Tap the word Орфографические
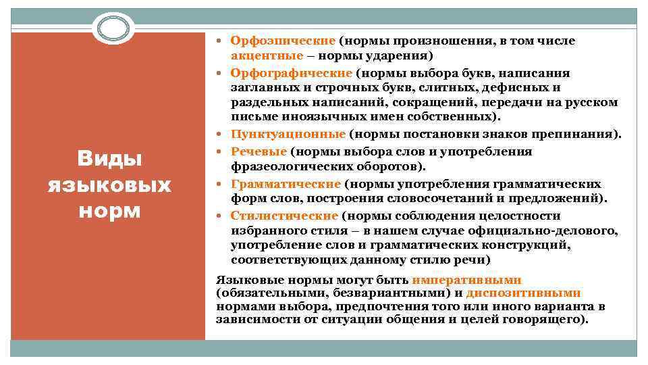[x=291, y=73]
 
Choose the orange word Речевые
[x=259, y=152]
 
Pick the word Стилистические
[x=283, y=216]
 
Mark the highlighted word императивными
[x=467, y=280]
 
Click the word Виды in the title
[x=109, y=160]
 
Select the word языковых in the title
[x=109, y=185]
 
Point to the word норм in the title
[x=109, y=210]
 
